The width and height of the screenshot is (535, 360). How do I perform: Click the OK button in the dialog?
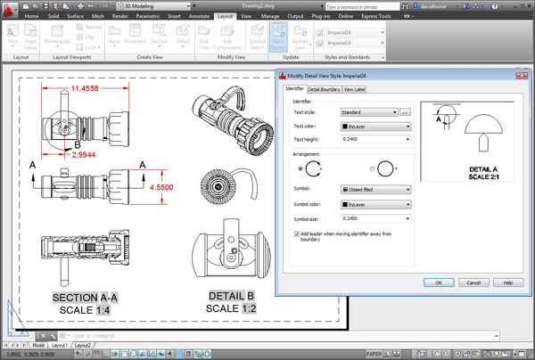(x=439, y=282)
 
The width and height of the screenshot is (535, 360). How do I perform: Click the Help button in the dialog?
(x=507, y=282)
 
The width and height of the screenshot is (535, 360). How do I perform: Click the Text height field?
(x=374, y=140)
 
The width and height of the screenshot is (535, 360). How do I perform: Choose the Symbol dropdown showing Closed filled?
(x=374, y=189)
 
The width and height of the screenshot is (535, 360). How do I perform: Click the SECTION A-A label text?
(x=86, y=296)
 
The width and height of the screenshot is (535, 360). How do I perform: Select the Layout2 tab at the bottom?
(x=82, y=345)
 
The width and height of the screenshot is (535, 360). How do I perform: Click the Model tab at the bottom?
(x=39, y=345)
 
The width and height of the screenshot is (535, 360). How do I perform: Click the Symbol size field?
(x=374, y=217)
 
